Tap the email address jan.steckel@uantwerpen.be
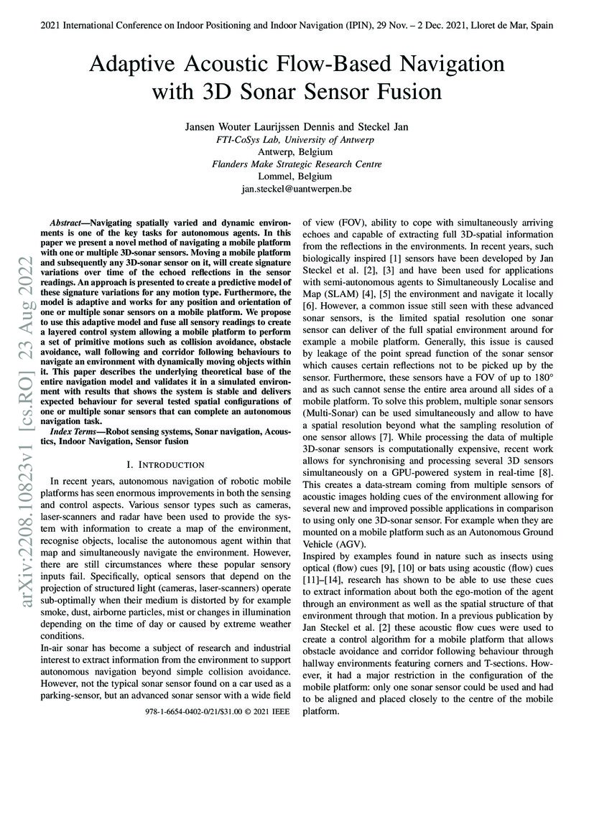297,189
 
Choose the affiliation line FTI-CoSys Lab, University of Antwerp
297,139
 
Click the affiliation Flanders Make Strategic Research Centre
297,164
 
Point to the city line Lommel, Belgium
297,177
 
